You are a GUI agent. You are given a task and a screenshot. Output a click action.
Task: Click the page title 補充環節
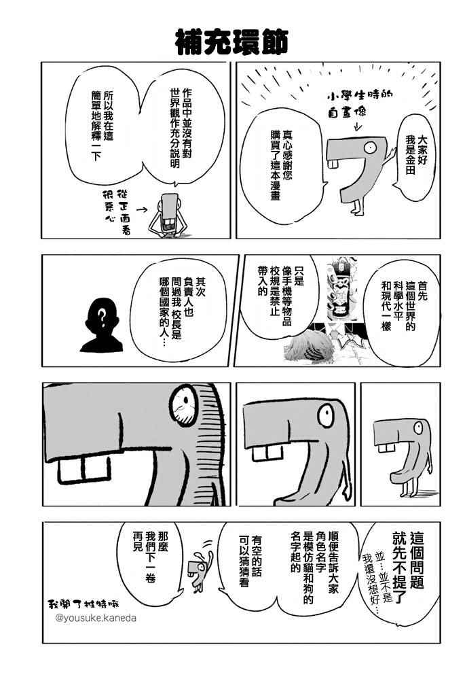click(232, 43)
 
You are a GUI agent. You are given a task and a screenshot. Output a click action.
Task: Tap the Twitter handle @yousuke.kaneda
click(96, 618)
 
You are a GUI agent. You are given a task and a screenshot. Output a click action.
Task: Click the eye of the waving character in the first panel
click(369, 147)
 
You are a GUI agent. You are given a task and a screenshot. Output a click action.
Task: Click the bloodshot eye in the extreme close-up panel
click(183, 405)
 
